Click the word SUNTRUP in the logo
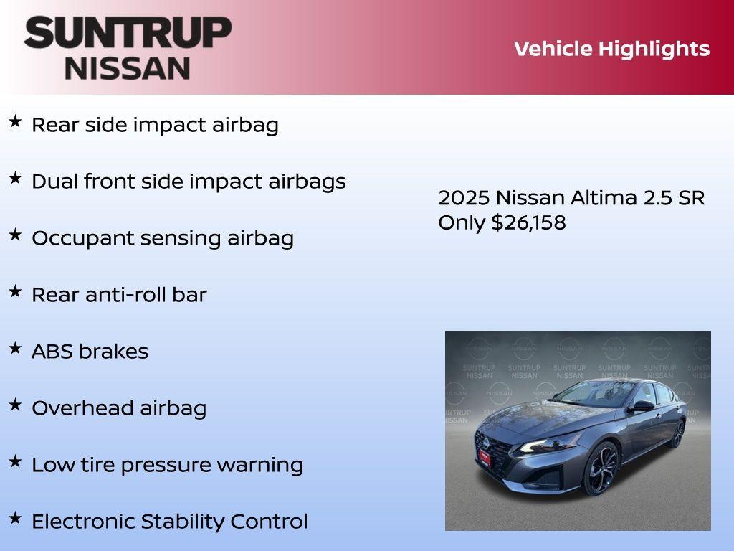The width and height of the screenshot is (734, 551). point(128,32)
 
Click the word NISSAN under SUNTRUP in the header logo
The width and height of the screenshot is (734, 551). point(128,68)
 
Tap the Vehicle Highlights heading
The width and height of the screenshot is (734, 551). point(611,49)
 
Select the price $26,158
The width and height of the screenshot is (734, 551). point(528,222)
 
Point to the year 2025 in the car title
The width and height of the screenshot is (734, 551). point(464,198)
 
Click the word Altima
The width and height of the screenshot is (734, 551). point(604,198)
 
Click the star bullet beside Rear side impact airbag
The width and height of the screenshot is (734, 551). point(15,122)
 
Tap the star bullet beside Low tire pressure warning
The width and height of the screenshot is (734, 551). point(15,462)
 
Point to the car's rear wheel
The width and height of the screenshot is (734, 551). point(677,433)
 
